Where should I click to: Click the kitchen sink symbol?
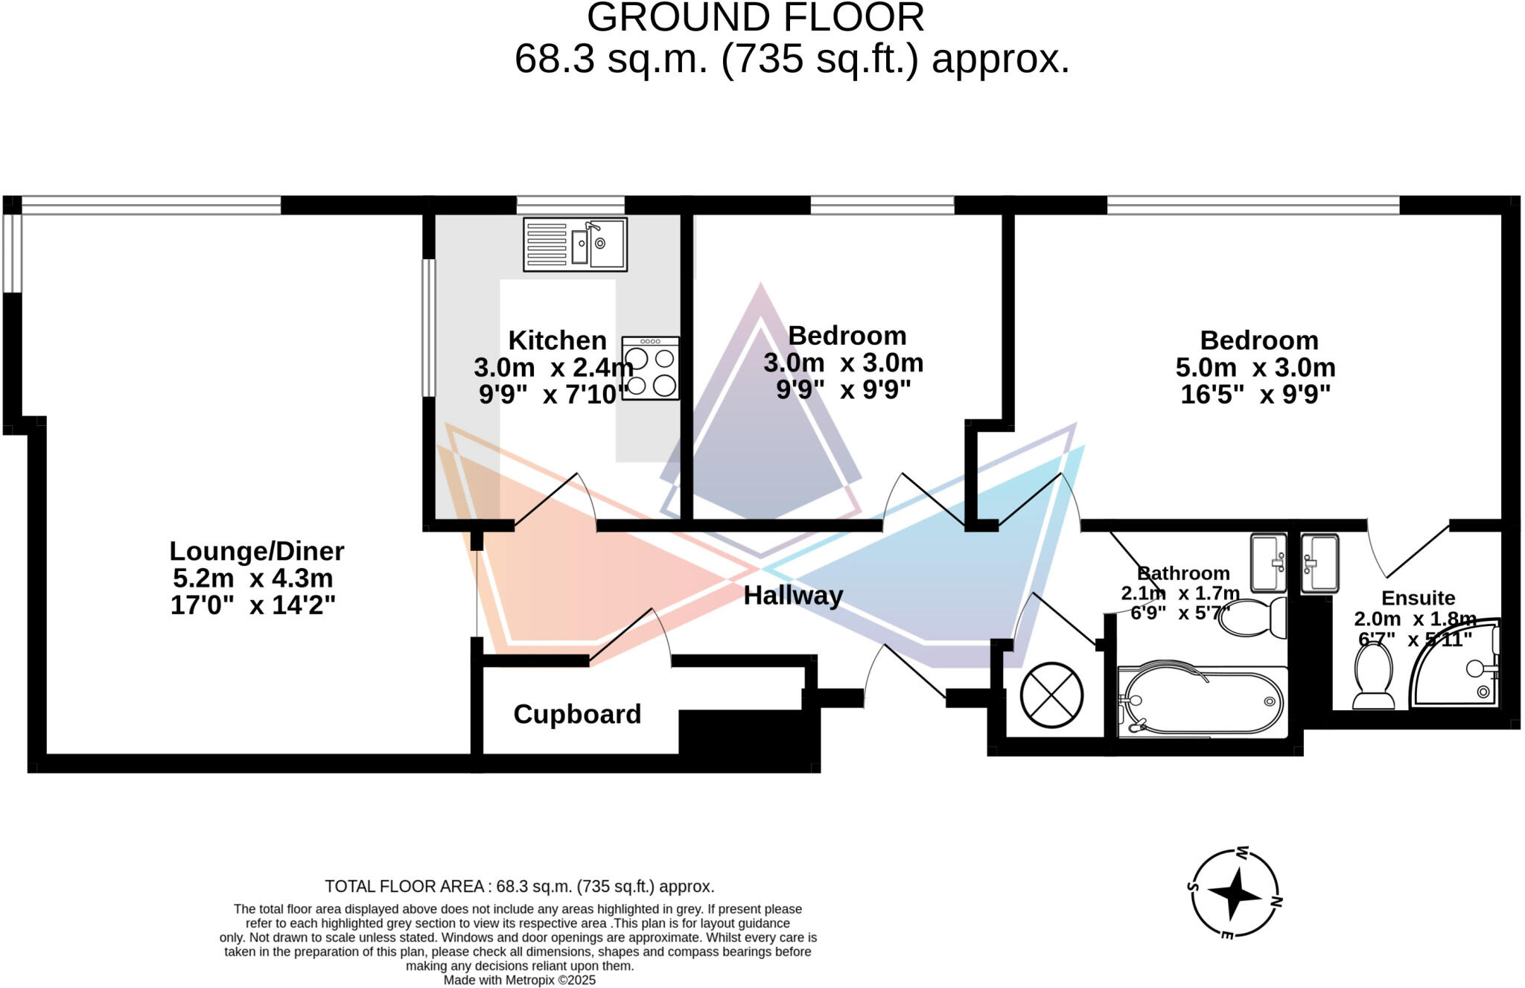coord(575,244)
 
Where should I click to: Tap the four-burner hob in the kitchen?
coord(650,369)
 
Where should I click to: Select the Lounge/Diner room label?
coord(256,552)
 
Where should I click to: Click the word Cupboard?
coord(577,715)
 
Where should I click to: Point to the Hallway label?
coord(793,596)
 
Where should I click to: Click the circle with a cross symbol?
coord(1051,695)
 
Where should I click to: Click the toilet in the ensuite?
coord(1373,675)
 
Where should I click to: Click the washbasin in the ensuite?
coord(1319,564)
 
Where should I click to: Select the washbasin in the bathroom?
coord(1268,563)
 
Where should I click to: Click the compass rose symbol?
coord(1235,893)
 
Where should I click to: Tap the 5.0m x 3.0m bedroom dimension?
coord(1255,368)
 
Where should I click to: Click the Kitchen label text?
coord(557,340)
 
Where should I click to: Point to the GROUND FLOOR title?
coord(755,18)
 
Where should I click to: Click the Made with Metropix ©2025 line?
coord(520,981)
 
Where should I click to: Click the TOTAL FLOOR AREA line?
coord(519,887)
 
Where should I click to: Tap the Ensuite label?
coord(1418,598)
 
